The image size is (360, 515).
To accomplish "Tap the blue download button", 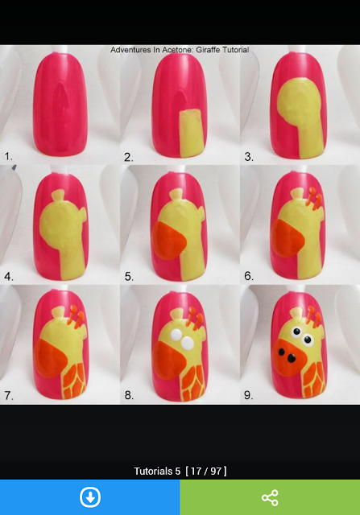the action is coord(89,497).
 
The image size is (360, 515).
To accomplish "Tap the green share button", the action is coord(270,497).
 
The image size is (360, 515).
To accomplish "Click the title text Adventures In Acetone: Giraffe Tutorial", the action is coord(180,50).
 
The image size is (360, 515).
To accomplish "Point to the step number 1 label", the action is coord(8,156).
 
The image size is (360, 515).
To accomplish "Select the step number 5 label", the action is coord(129,277).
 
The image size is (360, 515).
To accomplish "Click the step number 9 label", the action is coord(249,395).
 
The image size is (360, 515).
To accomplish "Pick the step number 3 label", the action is coord(249,157).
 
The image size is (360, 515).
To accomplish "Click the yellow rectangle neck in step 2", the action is coord(192,134).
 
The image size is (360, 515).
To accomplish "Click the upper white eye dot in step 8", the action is coord(176,334).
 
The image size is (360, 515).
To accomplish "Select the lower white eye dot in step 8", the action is coord(188,343).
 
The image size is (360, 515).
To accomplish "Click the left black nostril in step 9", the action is coord(281,352).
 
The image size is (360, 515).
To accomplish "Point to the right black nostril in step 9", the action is coord(292,358).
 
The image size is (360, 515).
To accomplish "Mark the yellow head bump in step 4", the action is coord(58,196).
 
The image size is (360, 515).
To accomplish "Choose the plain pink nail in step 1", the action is coord(60,104).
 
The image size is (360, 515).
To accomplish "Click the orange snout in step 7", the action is coord(50,359).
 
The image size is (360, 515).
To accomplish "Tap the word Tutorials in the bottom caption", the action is coord(157,472).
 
